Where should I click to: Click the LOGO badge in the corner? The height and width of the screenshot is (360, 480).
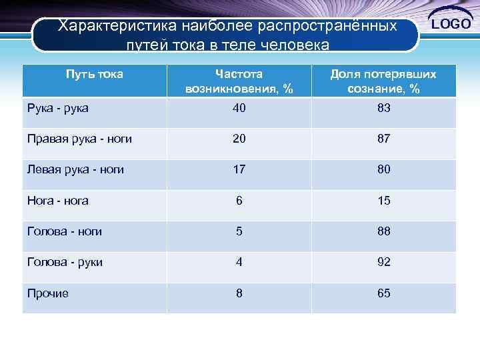tap(451, 23)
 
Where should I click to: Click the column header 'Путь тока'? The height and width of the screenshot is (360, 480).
tap(94, 74)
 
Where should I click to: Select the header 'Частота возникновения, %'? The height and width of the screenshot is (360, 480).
tap(239, 81)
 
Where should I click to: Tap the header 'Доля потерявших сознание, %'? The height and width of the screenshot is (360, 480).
tap(383, 81)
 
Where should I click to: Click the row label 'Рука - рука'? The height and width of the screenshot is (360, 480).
tap(58, 107)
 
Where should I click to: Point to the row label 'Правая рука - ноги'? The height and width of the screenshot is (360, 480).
tap(79, 139)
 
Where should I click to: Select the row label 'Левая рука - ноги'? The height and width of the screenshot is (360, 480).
tap(75, 169)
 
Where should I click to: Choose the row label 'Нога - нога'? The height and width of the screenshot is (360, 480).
tap(58, 200)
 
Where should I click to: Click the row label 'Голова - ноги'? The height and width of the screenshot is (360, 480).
tap(65, 231)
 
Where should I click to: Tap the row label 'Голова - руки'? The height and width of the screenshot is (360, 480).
tap(65, 262)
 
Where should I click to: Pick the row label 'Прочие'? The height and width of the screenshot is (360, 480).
tap(47, 293)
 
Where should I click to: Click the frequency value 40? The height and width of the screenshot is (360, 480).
tap(239, 107)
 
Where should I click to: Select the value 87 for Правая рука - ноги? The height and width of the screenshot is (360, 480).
tap(383, 139)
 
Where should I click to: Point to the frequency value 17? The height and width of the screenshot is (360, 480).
tap(239, 169)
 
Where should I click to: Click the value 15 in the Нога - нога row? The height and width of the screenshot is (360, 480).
tap(383, 200)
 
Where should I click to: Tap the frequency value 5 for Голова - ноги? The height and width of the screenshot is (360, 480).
tap(239, 231)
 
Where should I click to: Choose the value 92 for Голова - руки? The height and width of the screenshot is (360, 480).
tap(383, 262)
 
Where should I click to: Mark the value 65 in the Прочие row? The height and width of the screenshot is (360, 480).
tap(383, 293)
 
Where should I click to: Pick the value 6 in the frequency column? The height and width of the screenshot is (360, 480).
tap(239, 200)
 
